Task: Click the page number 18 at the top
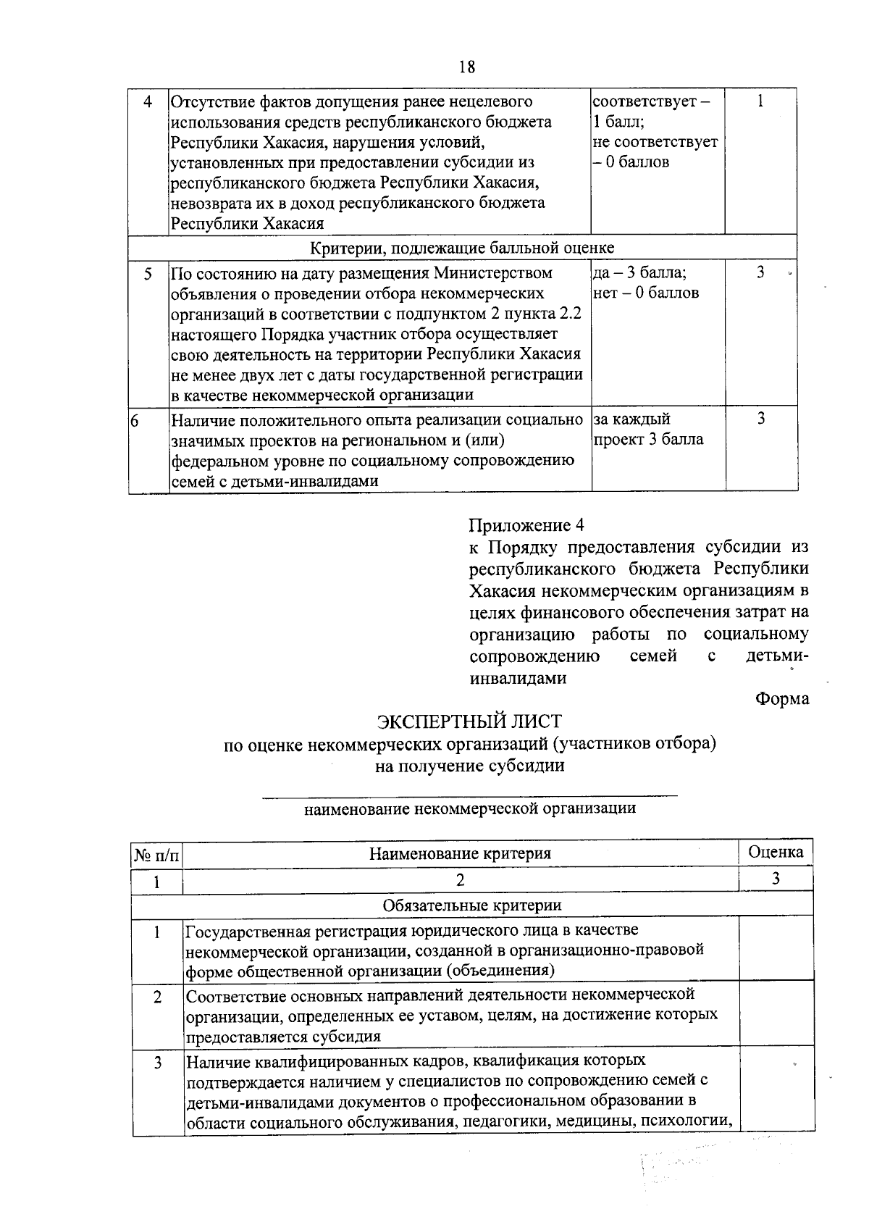(467, 67)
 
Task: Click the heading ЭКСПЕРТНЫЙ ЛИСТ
(469, 721)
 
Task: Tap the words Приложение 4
(526, 525)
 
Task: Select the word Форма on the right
(781, 699)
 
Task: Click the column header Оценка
(776, 852)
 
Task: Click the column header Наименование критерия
(460, 853)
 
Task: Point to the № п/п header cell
(156, 855)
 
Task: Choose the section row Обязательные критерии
(471, 905)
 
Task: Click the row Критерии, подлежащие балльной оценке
(462, 248)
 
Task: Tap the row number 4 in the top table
(148, 102)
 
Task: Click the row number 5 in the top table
(148, 274)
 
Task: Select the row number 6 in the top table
(135, 419)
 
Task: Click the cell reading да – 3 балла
(640, 273)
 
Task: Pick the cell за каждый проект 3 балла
(648, 429)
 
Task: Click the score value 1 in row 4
(760, 101)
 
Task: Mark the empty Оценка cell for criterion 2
(776, 1014)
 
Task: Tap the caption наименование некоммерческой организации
(470, 808)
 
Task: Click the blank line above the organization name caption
(469, 795)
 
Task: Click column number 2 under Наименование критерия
(460, 879)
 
